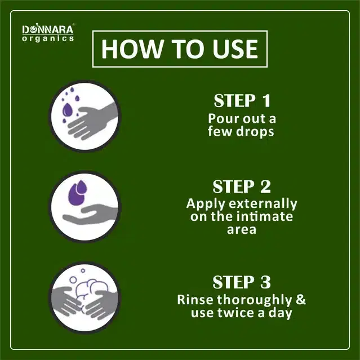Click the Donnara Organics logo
[48, 33]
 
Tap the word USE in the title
[235, 49]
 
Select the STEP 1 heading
[242, 100]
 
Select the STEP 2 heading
[242, 186]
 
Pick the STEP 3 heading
[242, 282]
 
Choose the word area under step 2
[242, 230]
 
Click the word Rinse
[195, 300]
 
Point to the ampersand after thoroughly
[301, 300]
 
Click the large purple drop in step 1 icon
[67, 109]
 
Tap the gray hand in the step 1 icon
[92, 121]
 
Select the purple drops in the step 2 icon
[78, 192]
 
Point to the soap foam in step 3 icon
[91, 288]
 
